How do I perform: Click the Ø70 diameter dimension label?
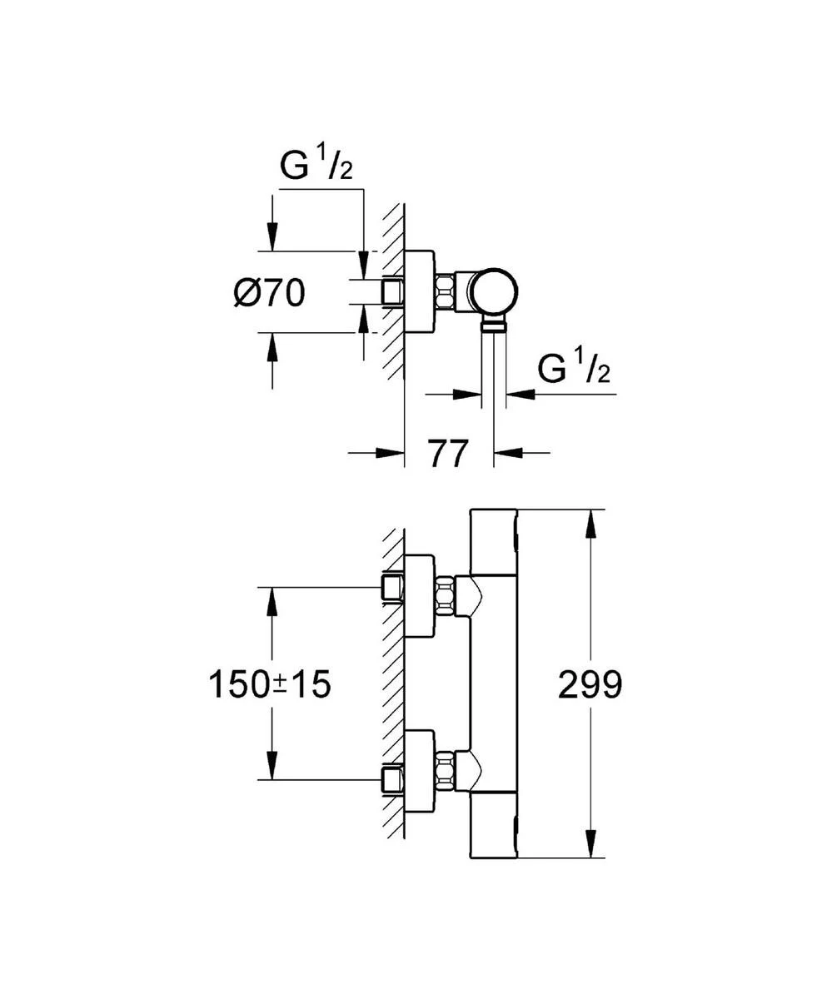(269, 293)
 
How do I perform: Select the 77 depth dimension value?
(449, 454)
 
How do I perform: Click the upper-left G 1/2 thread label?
(316, 166)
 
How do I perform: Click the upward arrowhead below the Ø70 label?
(272, 348)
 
